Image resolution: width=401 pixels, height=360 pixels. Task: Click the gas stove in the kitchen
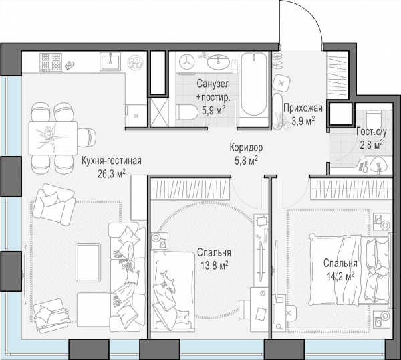click(51, 62)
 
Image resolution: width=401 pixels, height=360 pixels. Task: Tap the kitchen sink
click(110, 61)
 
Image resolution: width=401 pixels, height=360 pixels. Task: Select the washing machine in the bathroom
click(186, 62)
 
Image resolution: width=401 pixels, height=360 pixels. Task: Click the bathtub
click(254, 84)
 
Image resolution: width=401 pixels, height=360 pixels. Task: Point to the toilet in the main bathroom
click(186, 112)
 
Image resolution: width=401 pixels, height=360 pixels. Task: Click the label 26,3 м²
click(112, 174)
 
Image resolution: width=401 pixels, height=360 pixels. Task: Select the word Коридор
click(246, 147)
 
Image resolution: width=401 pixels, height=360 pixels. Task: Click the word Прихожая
click(303, 108)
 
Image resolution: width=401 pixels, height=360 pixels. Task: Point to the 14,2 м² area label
click(340, 276)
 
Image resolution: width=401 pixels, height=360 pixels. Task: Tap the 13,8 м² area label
click(214, 265)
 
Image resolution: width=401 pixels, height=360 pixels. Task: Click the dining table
click(53, 139)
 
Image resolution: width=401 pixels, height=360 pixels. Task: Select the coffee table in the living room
click(88, 263)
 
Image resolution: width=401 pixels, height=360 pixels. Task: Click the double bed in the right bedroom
click(350, 270)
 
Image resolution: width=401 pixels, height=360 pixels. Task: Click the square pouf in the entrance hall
click(281, 84)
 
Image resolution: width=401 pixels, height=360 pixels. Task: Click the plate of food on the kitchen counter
click(136, 62)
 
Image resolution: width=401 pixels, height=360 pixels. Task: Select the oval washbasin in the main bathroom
click(218, 62)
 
